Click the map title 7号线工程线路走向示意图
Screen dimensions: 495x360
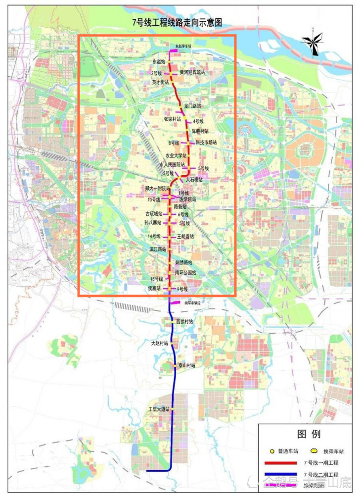180,22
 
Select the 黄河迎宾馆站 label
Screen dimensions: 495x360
192,72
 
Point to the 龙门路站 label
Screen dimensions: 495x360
193,106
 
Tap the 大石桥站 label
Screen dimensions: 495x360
194,180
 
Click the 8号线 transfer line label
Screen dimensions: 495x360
173,143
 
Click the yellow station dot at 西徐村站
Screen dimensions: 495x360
172,322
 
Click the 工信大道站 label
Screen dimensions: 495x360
159,410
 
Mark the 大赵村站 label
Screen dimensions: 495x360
159,343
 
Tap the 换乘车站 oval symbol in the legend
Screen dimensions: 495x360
313,451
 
